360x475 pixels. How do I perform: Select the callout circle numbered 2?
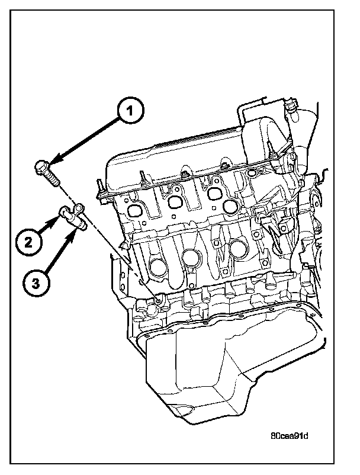(x=28, y=243)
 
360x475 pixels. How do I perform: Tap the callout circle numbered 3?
(x=36, y=284)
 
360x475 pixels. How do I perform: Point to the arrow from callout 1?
(x=84, y=141)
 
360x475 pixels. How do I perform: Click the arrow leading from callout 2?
(x=49, y=226)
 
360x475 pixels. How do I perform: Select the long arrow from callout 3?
(x=60, y=250)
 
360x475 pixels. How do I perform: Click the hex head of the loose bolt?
(x=42, y=168)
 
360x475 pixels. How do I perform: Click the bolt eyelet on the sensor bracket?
(x=78, y=208)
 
